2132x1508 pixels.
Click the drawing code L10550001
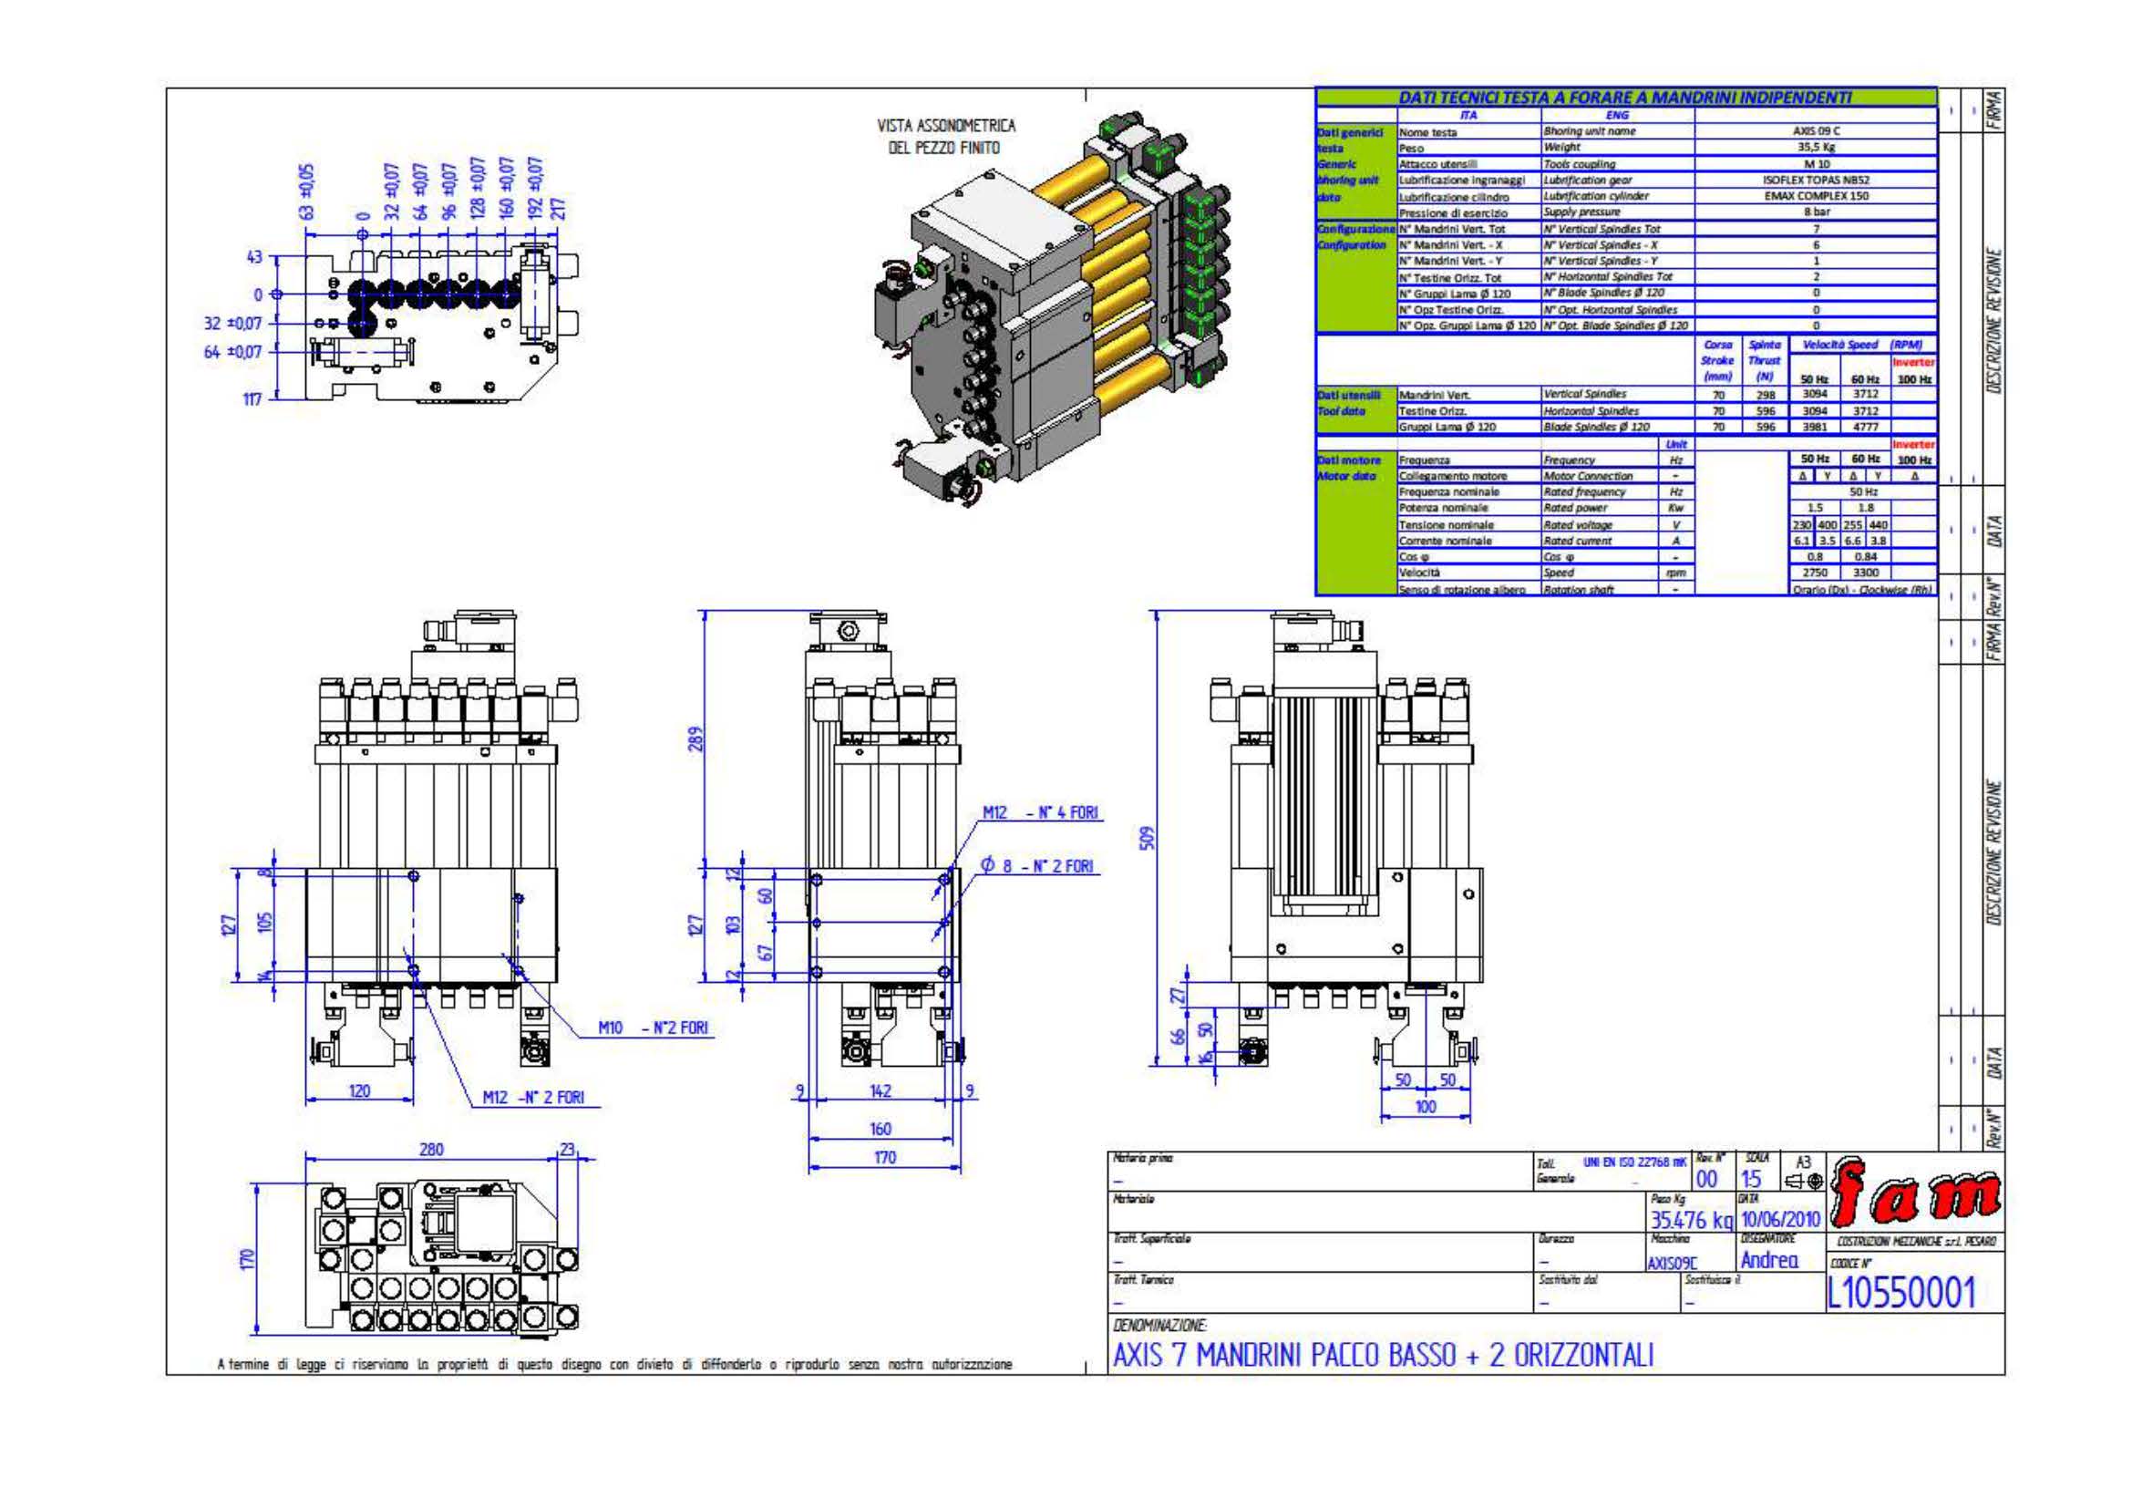pyautogui.click(x=1900, y=1292)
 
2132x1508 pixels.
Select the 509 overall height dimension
pyautogui.click(x=1148, y=838)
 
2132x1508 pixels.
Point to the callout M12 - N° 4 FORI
pyautogui.click(x=1040, y=812)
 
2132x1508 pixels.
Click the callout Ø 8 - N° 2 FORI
pyautogui.click(x=1038, y=865)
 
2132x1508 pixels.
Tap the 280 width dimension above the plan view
pyautogui.click(x=432, y=1149)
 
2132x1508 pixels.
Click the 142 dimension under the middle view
pyautogui.click(x=881, y=1091)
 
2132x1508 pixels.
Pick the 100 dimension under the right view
pyautogui.click(x=1426, y=1106)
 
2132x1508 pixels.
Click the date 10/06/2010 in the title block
pyautogui.click(x=1779, y=1218)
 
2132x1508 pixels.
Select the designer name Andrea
pyautogui.click(x=1769, y=1260)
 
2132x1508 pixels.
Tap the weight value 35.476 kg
pyautogui.click(x=1690, y=1219)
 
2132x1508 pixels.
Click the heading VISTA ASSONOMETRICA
pyautogui.click(x=946, y=125)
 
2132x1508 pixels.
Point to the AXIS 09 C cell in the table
pyautogui.click(x=1816, y=131)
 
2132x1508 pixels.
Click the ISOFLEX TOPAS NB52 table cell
pyautogui.click(x=1816, y=181)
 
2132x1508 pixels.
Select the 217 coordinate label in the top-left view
pyautogui.click(x=558, y=208)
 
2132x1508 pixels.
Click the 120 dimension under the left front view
pyautogui.click(x=359, y=1091)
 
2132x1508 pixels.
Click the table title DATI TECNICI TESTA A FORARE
pyautogui.click(x=1625, y=98)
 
